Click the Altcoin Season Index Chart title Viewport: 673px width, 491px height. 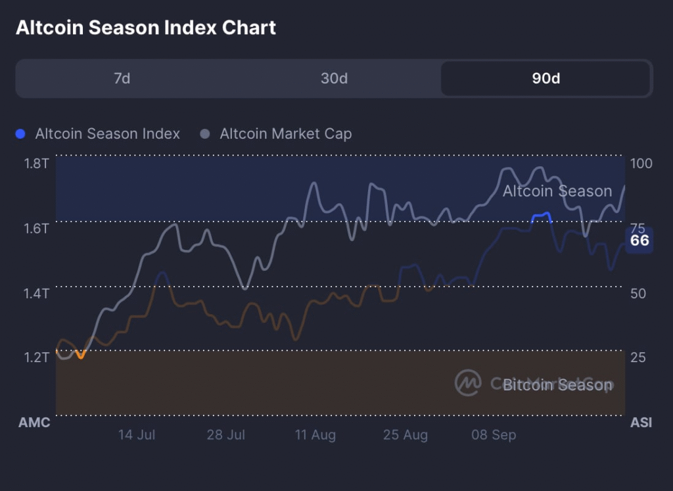146,28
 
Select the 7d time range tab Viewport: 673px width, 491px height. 122,79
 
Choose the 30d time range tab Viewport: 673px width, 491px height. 334,79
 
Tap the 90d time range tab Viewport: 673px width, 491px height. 546,79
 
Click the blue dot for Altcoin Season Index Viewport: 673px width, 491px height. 20,134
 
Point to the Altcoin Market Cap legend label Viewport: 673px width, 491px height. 285,134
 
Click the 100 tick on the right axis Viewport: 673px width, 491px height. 641,163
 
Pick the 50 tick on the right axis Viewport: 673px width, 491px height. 638,292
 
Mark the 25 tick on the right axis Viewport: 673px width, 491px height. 638,358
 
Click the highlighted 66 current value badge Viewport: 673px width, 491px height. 639,241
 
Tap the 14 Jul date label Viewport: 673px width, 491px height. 136,435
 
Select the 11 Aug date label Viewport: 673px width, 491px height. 315,435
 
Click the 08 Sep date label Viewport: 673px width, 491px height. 494,435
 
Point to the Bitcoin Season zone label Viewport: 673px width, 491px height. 557,385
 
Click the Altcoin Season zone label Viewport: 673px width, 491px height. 557,191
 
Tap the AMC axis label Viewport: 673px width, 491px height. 34,423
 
